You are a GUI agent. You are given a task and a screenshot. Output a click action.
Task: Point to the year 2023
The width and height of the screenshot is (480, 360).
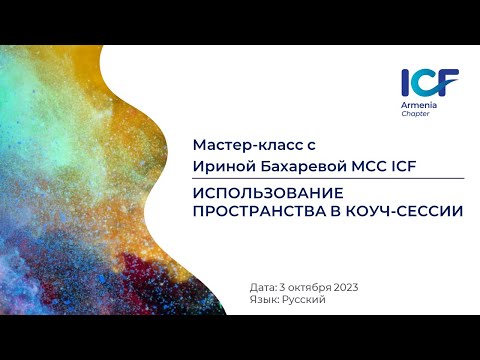click(x=342, y=287)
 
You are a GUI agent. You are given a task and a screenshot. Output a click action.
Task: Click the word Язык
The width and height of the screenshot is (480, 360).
click(x=265, y=299)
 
